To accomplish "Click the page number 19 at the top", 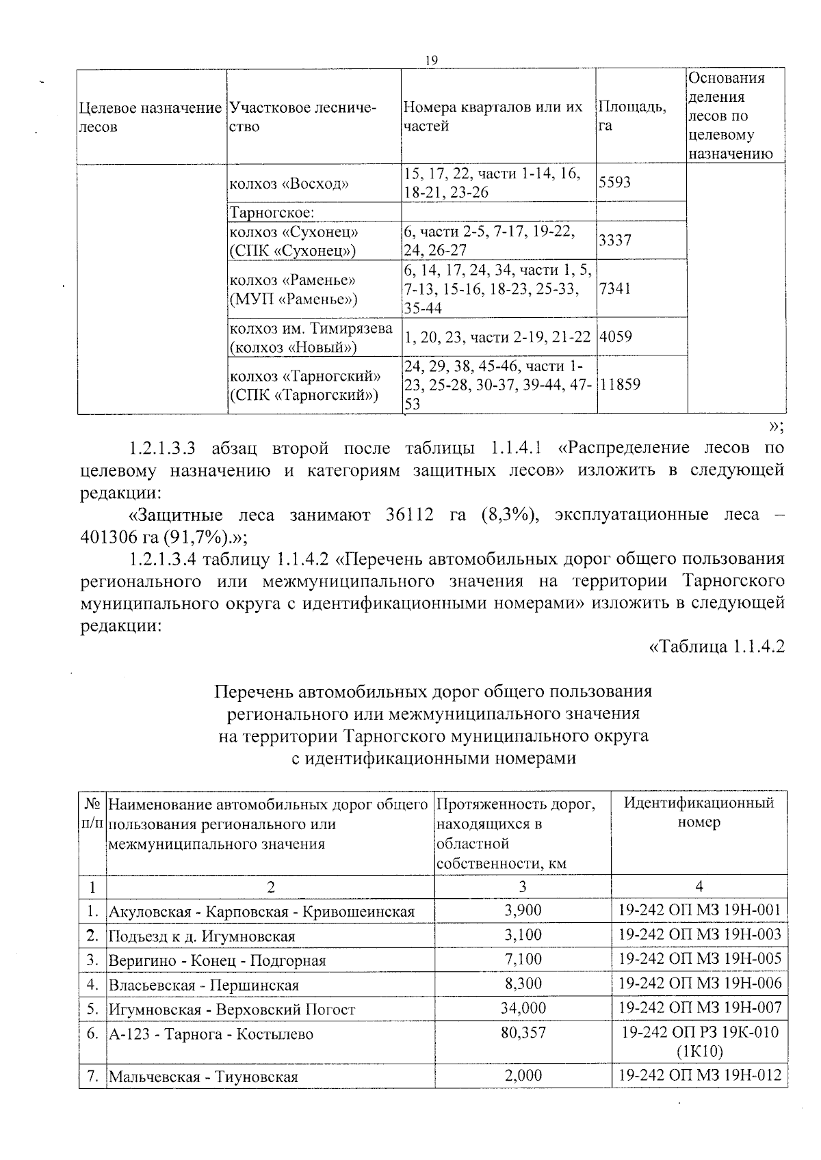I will click(431, 62).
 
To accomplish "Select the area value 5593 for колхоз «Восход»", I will click(614, 183).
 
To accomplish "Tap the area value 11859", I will click(620, 384).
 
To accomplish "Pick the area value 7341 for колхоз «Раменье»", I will click(614, 288).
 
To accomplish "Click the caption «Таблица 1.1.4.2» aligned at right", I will click(716, 647).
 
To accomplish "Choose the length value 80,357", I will click(523, 1033).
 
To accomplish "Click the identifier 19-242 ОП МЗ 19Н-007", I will click(699, 1008).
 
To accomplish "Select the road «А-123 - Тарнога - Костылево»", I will click(211, 1034).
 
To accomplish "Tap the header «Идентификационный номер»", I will click(699, 812).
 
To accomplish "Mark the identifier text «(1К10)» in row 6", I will click(699, 1051).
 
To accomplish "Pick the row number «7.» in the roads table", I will click(93, 1077).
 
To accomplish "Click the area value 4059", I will click(614, 337).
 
